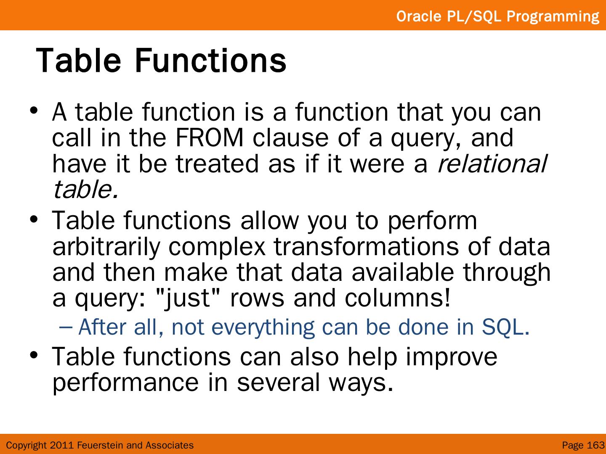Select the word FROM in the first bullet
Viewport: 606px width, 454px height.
point(210,138)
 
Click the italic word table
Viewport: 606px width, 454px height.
point(85,189)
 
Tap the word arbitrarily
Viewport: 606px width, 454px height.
point(106,247)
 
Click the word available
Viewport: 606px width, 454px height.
point(403,272)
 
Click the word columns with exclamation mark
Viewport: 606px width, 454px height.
point(397,298)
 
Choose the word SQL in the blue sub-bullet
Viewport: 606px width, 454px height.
point(505,327)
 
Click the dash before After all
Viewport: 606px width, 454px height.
point(66,327)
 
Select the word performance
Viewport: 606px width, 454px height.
point(125,383)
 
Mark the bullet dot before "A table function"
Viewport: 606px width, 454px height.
point(34,111)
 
